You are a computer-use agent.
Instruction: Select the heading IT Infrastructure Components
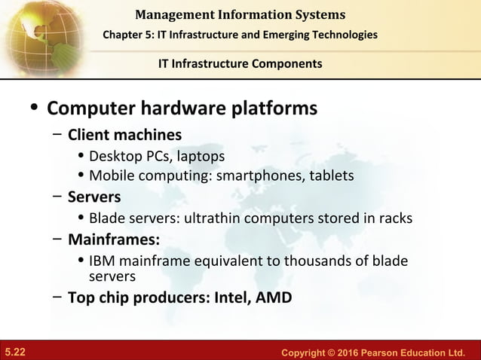tap(240, 63)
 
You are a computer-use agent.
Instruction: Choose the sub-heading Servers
tap(93, 197)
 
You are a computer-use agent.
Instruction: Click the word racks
tap(394, 218)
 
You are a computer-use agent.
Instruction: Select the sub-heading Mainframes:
tap(114, 241)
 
